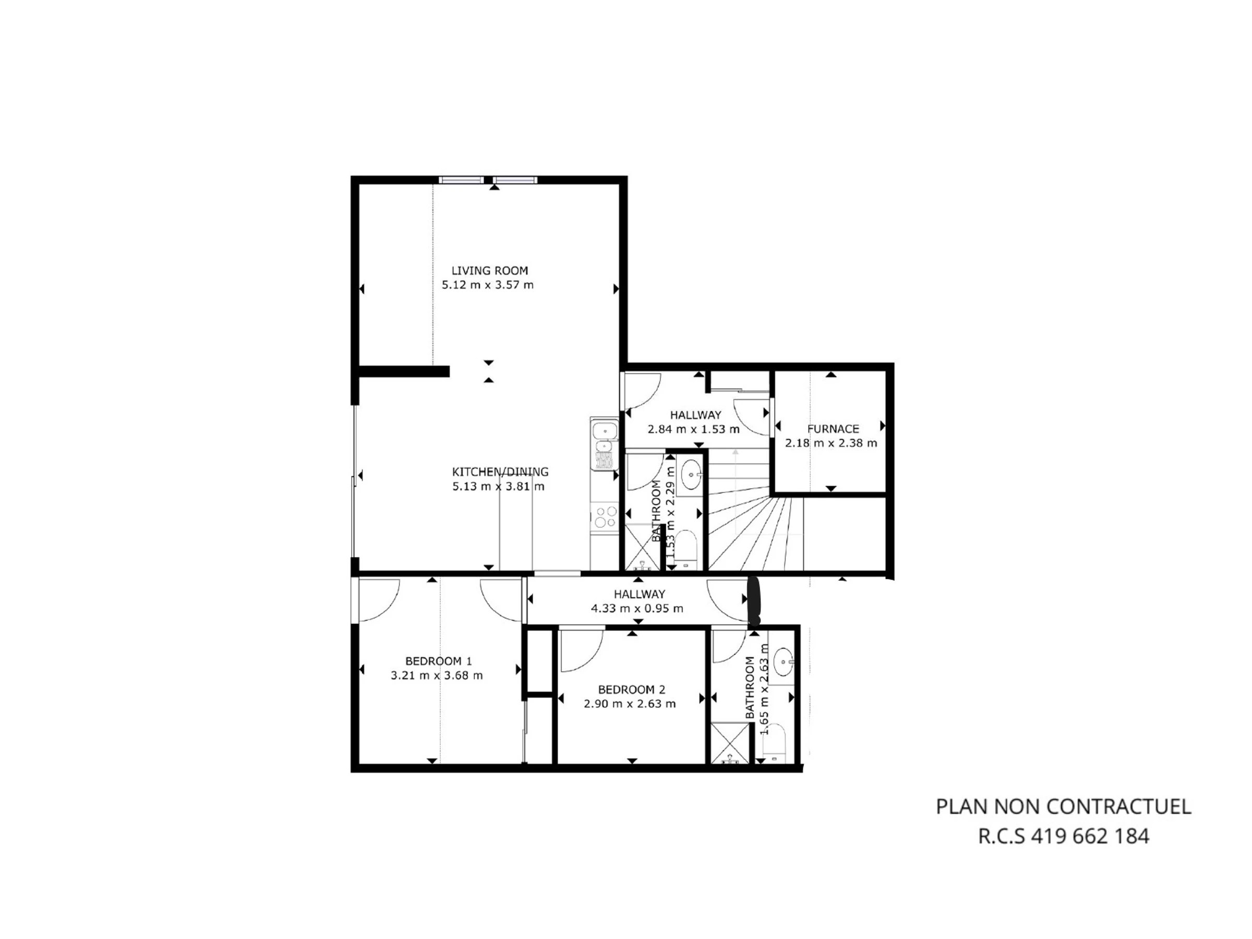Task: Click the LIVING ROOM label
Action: click(x=490, y=271)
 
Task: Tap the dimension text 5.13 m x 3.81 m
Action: click(x=498, y=486)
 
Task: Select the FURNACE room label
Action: click(x=833, y=429)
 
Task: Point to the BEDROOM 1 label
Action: click(x=438, y=661)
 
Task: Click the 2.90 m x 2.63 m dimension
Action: click(x=630, y=704)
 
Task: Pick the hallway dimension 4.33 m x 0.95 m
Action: click(x=637, y=608)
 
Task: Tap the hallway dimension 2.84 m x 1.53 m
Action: click(x=694, y=429)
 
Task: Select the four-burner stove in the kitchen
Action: click(x=605, y=517)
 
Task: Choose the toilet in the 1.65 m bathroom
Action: click(x=773, y=741)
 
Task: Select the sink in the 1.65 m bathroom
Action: click(x=784, y=661)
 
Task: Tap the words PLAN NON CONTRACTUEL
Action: click(x=1064, y=806)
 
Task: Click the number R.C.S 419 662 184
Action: click(x=1064, y=836)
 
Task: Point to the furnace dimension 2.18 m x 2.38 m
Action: click(x=831, y=443)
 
